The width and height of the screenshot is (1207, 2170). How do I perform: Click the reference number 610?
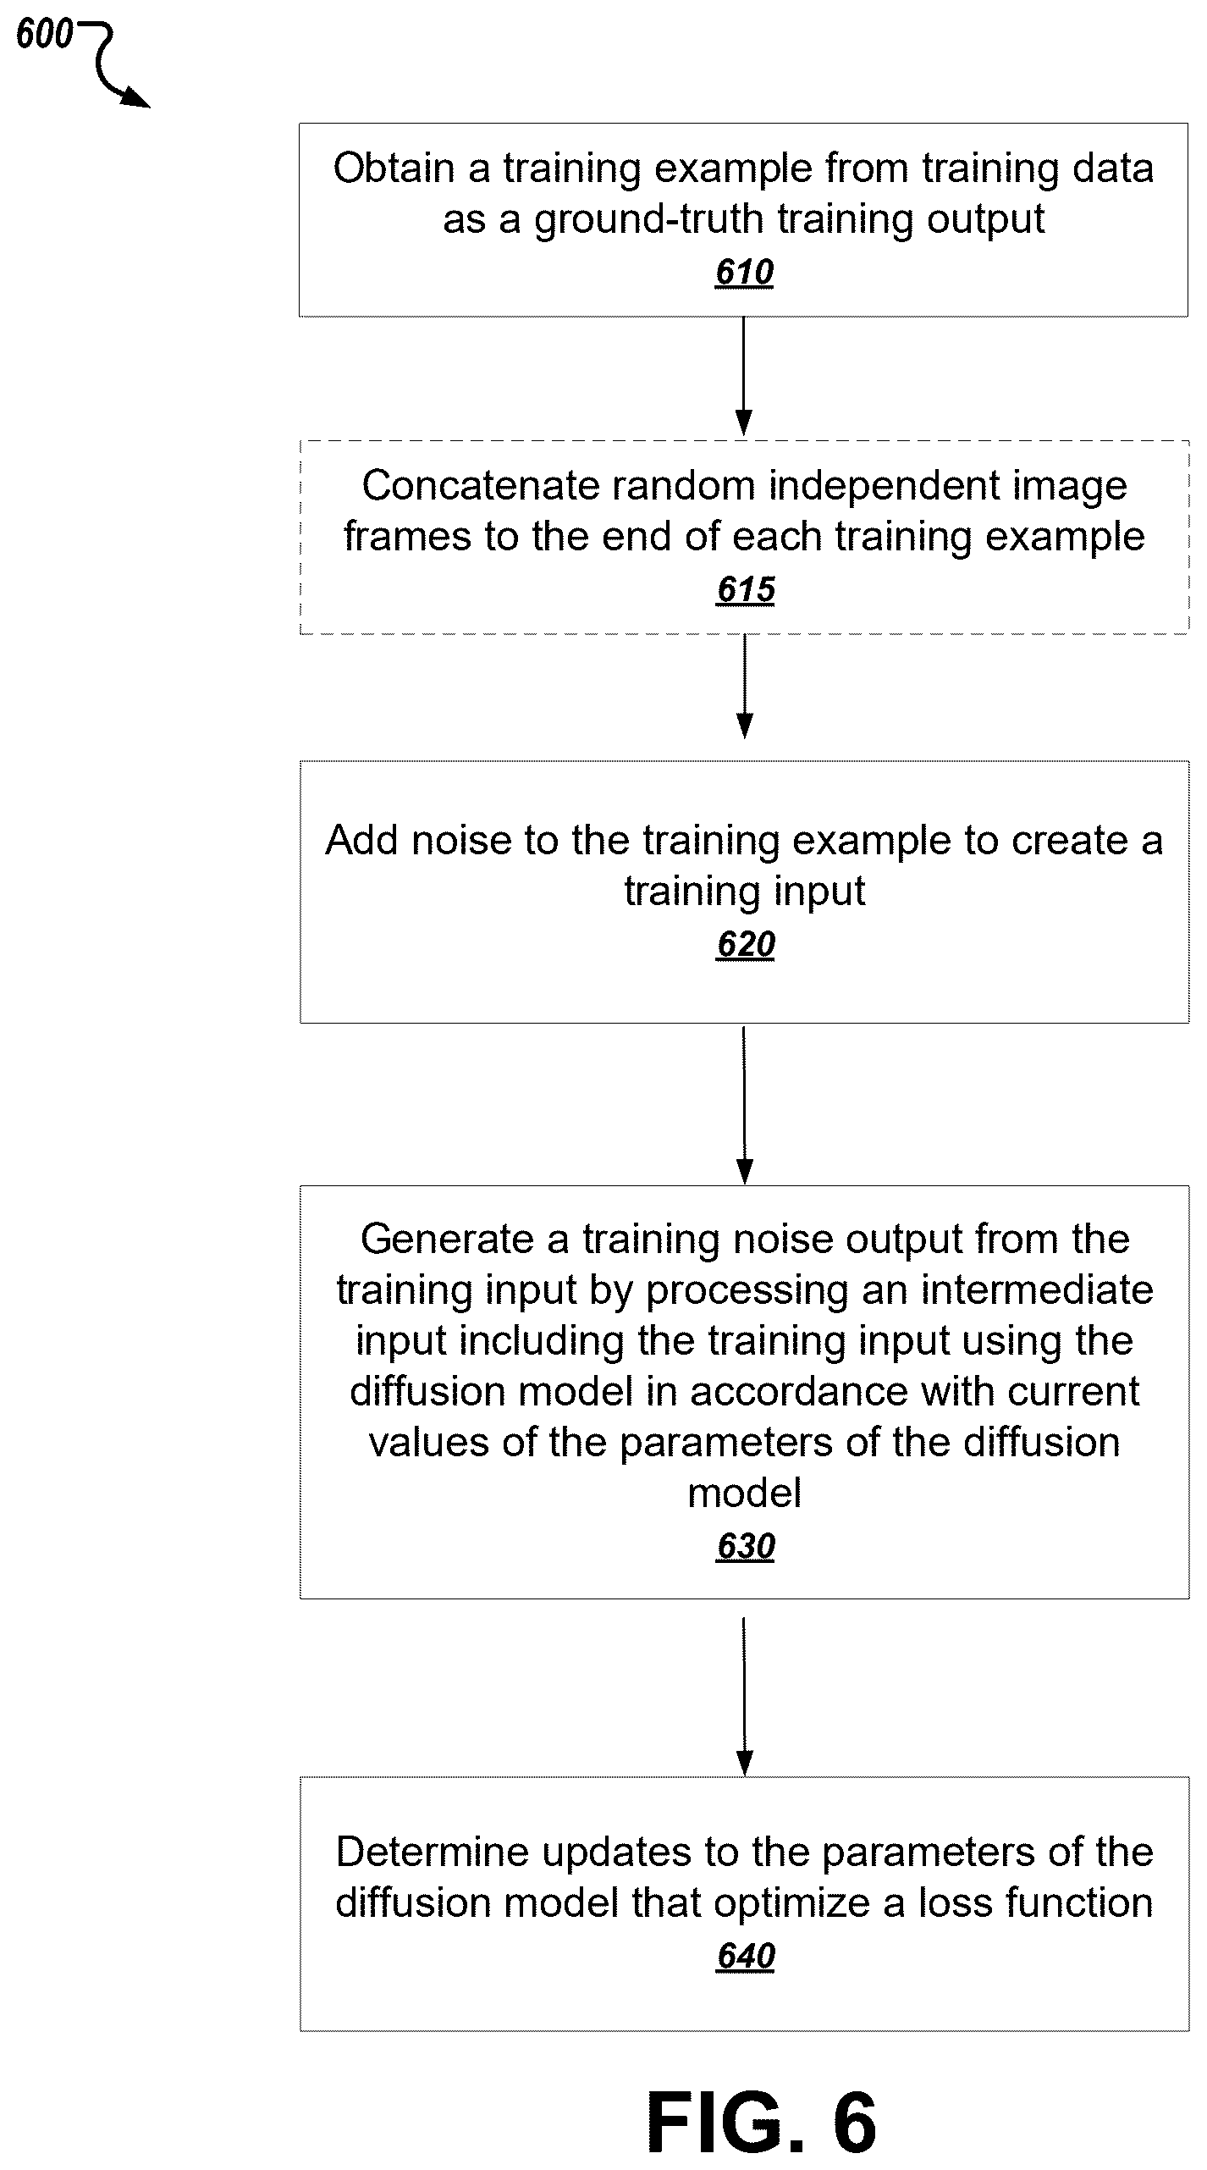pos(745,273)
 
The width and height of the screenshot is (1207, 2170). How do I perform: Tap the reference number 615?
pos(746,589)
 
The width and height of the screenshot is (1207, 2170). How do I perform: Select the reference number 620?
pos(746,944)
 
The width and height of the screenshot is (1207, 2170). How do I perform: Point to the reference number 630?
pos(746,1546)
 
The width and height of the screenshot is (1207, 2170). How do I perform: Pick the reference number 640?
pos(746,1956)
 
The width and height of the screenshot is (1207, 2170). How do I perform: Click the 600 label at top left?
pos(45,35)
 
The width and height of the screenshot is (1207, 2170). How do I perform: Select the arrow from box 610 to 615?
pos(743,376)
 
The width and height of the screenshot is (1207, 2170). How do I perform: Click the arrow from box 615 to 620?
pos(745,686)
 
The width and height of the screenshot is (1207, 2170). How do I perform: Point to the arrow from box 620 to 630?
pos(744,1105)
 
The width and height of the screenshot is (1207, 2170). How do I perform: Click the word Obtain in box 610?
pos(394,168)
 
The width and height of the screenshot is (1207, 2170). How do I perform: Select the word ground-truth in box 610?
pos(649,219)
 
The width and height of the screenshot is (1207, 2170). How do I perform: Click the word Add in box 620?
pos(362,840)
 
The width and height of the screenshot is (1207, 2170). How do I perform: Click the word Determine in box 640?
pos(433,1853)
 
